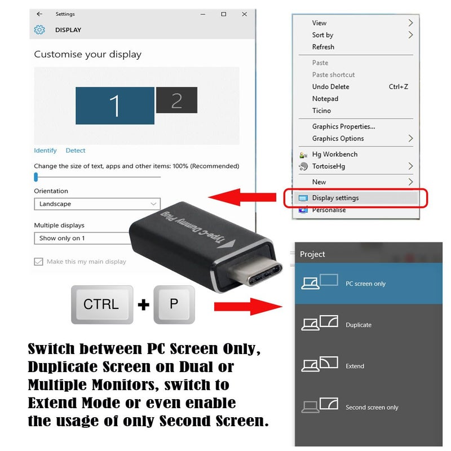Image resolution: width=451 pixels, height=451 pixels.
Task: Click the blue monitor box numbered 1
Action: [x=115, y=105]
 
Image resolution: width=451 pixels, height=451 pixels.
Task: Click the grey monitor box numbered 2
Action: [x=176, y=100]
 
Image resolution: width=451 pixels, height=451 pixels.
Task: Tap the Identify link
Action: [x=45, y=151]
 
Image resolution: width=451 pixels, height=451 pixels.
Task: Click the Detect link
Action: [x=76, y=151]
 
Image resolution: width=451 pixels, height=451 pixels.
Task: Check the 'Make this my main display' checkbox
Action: [x=38, y=262]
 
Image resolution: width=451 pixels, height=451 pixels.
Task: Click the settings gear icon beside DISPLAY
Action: [x=39, y=30]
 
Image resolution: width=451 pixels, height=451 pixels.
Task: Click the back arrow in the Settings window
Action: [x=39, y=14]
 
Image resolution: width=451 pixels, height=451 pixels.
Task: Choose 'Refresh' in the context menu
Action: [x=323, y=47]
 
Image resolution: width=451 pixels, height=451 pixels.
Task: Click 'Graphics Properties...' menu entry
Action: [x=343, y=126]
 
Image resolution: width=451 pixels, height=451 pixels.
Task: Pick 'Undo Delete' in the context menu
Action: [x=330, y=87]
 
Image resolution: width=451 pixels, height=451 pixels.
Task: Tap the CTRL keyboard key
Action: [x=101, y=304]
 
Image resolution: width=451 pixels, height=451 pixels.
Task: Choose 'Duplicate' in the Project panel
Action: [x=358, y=325]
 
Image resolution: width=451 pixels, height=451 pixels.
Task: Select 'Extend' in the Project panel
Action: [x=355, y=366]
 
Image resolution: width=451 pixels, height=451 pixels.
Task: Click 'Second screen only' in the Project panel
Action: [x=371, y=407]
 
